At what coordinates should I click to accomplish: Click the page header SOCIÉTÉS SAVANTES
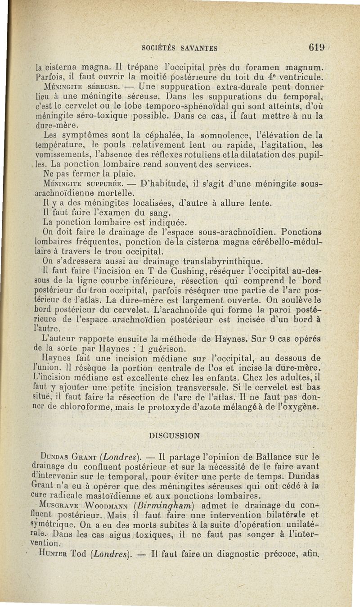180,48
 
